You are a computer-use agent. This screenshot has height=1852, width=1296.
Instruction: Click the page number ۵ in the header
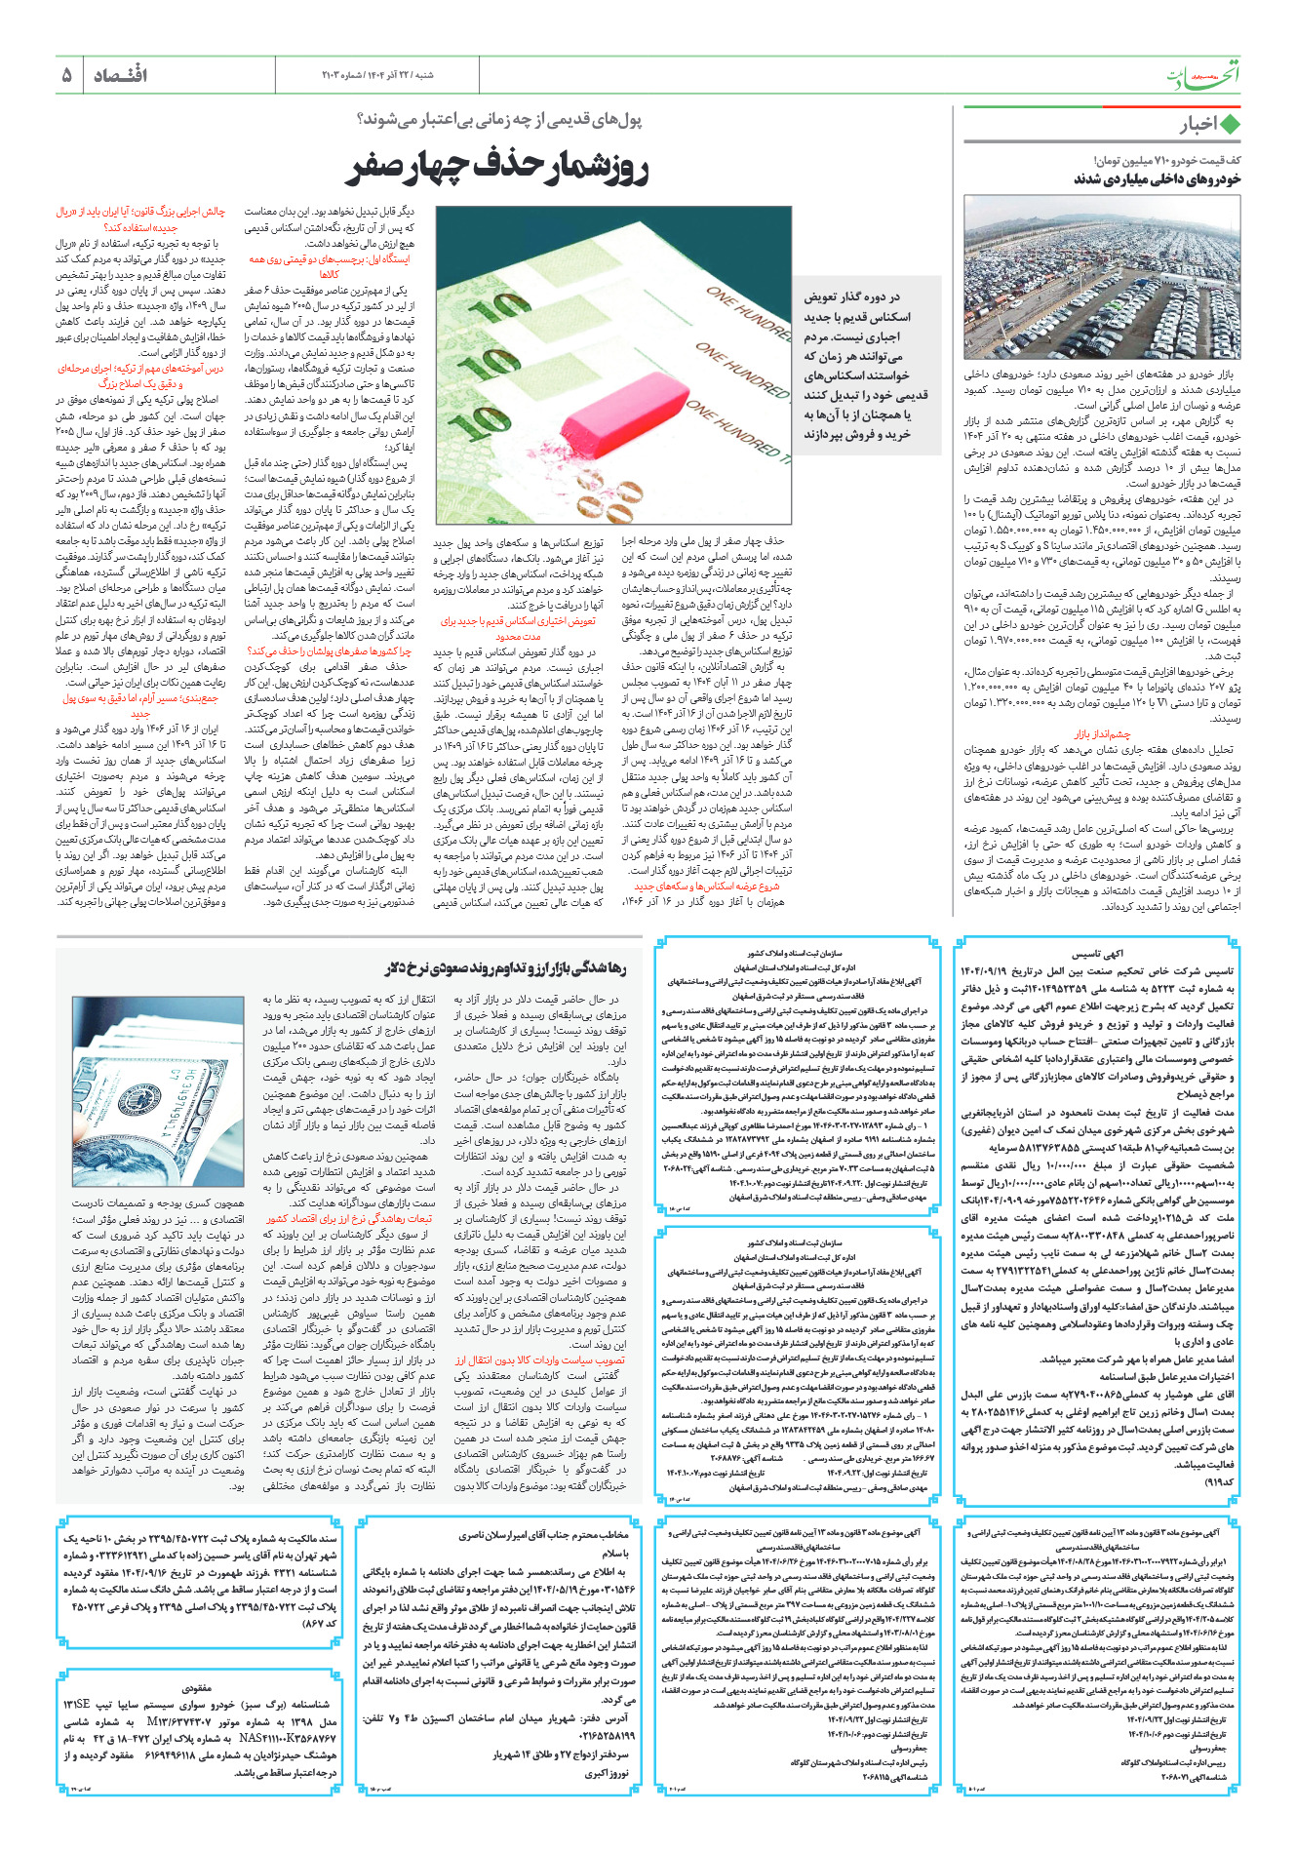point(66,75)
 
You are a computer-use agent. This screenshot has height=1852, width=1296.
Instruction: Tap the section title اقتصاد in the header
point(120,75)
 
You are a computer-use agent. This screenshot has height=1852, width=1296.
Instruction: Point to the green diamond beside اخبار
point(1230,126)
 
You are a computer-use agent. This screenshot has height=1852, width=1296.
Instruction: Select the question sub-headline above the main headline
point(499,120)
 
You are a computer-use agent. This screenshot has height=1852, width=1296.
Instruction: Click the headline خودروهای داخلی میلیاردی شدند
point(1157,179)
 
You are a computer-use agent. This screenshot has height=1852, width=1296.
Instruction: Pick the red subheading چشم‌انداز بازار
point(1103,734)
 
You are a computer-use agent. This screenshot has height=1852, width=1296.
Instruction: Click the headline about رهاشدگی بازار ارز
point(505,968)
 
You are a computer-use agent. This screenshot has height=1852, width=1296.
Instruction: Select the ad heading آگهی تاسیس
point(1098,954)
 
